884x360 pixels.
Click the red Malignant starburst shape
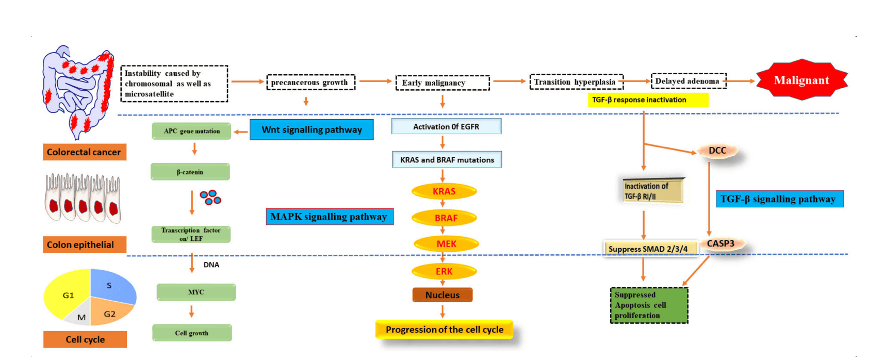click(801, 80)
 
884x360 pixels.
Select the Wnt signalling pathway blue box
click(312, 129)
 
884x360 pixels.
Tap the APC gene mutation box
click(191, 131)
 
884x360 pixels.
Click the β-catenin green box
click(190, 172)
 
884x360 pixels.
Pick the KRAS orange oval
click(444, 191)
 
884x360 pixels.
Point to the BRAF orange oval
click(445, 218)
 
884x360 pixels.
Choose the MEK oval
click(446, 244)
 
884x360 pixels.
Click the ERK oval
click(444, 271)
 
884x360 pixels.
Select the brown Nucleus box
click(442, 295)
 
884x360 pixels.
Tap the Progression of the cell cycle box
click(444, 330)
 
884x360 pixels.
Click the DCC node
click(717, 151)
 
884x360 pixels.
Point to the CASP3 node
click(720, 243)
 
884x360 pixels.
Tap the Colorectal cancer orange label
click(84, 152)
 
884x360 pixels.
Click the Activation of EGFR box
click(446, 126)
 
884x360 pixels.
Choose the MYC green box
click(196, 292)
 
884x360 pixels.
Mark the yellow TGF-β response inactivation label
click(648, 100)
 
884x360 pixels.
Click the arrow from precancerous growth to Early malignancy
click(375, 81)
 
